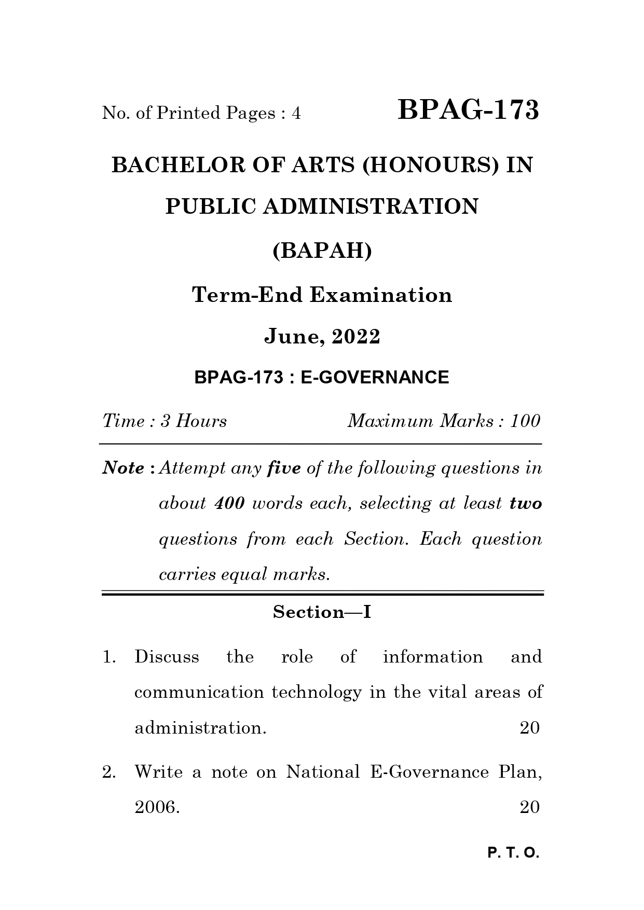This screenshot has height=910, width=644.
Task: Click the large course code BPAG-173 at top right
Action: (x=468, y=111)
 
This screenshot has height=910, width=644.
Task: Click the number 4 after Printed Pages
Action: (x=296, y=113)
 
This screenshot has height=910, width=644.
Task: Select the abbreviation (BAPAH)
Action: (x=322, y=251)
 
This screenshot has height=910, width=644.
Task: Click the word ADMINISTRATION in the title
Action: (x=370, y=206)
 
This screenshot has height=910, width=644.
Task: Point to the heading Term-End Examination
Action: (x=322, y=295)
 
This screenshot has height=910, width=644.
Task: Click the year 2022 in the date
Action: (x=356, y=337)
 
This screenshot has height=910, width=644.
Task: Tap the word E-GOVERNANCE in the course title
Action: (x=375, y=377)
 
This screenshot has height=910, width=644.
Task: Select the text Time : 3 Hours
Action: (x=165, y=421)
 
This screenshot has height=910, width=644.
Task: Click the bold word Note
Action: (x=124, y=468)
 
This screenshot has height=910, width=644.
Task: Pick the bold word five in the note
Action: (x=283, y=468)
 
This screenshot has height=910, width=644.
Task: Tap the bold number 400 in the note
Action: (x=229, y=503)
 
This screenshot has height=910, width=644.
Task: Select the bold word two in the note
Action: (x=526, y=503)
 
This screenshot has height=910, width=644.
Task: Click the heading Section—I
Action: (x=322, y=612)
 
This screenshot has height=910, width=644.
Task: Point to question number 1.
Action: (x=108, y=657)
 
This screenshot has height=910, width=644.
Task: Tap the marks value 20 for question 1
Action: (x=529, y=728)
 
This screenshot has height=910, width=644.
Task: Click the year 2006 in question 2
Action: (x=156, y=807)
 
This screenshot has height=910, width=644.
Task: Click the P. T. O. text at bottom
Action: (x=513, y=853)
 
